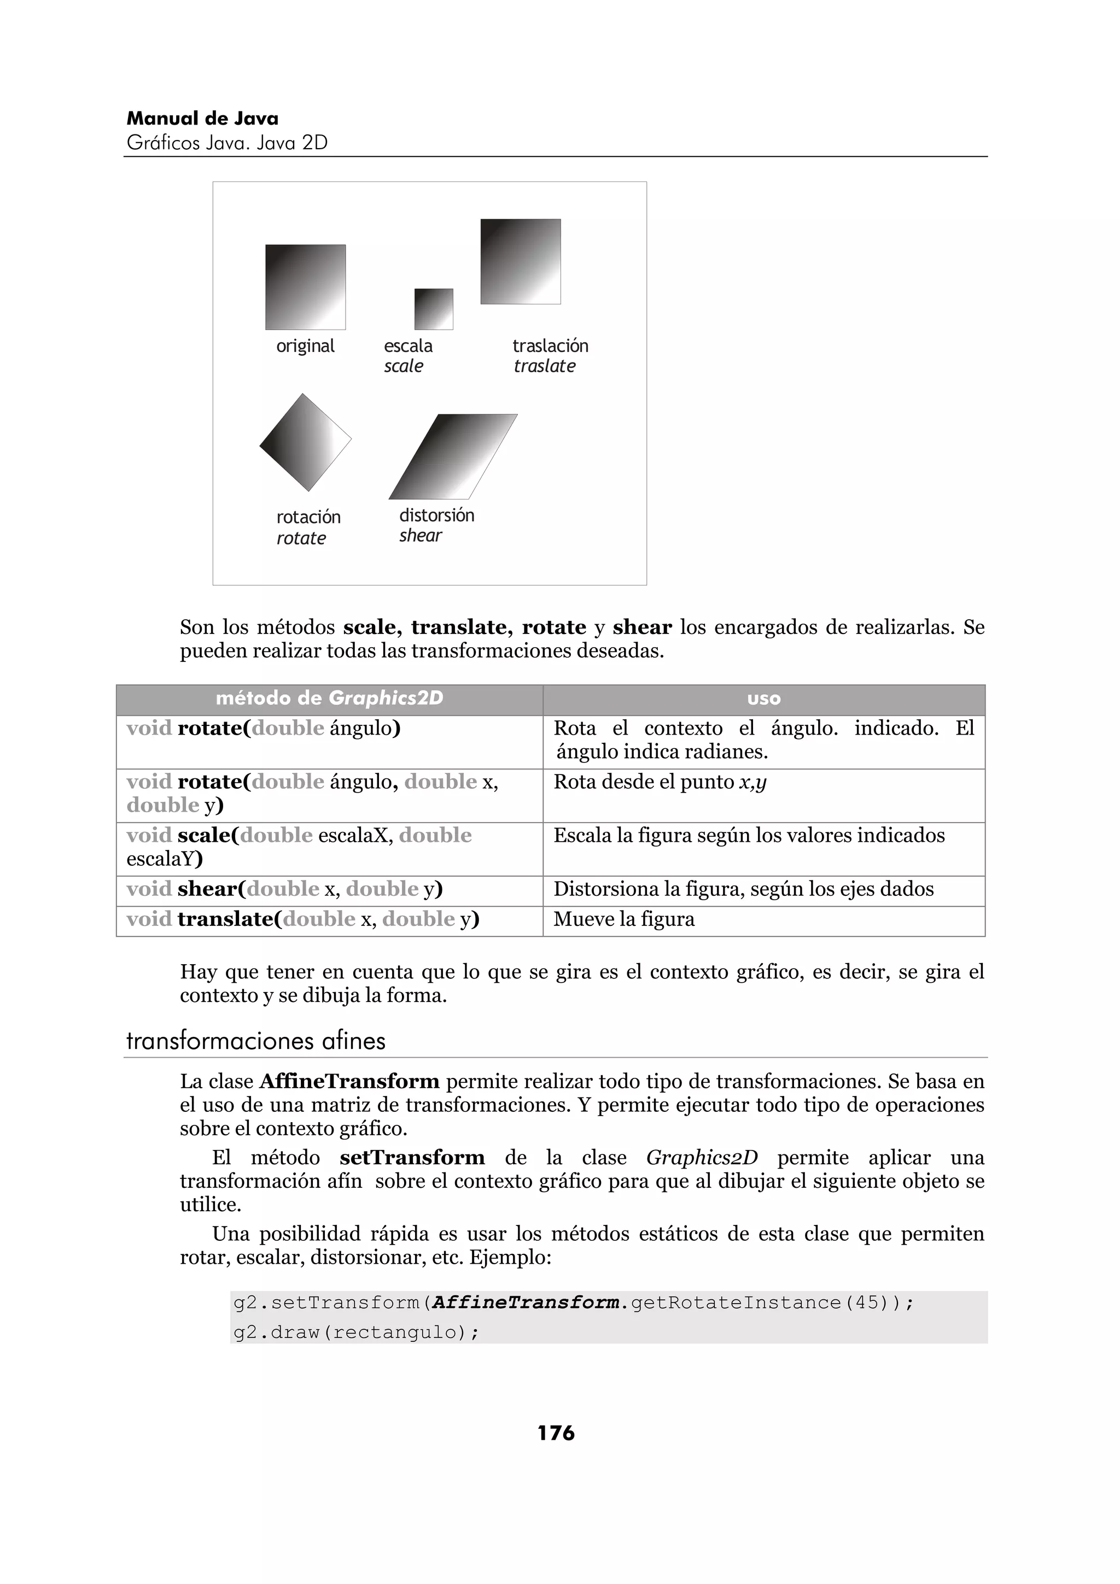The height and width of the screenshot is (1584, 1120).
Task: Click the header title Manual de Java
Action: click(x=202, y=119)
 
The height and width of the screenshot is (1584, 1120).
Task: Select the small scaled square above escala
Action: click(x=433, y=309)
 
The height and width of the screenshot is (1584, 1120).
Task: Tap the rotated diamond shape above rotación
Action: click(x=305, y=442)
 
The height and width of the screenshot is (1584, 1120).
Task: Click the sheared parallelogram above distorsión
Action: click(x=453, y=457)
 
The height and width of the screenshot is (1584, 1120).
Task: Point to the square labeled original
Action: click(x=305, y=287)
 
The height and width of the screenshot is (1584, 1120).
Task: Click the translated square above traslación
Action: click(x=520, y=261)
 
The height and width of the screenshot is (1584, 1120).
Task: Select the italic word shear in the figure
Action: click(x=419, y=535)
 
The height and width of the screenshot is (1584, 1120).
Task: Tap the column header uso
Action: click(x=763, y=699)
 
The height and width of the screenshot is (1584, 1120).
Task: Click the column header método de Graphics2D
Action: click(x=329, y=699)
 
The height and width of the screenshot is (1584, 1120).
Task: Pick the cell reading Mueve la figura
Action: click(x=624, y=920)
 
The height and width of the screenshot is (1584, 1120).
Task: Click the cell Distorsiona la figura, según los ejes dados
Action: click(x=743, y=889)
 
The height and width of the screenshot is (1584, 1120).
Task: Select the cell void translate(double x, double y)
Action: click(x=302, y=920)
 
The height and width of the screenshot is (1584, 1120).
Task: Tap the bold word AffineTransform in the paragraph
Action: click(x=349, y=1081)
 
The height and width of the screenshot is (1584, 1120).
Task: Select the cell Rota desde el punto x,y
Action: click(x=659, y=782)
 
